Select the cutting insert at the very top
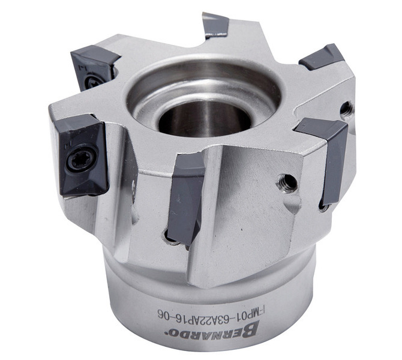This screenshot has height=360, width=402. coord(215,25)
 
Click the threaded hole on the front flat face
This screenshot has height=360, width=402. coord(287,183)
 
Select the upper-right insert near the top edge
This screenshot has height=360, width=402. coord(321,57)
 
